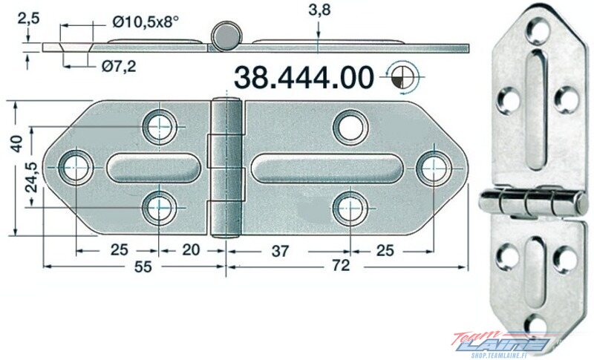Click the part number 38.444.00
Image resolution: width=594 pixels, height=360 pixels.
point(304,78)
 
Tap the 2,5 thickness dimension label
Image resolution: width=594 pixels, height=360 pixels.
point(28,19)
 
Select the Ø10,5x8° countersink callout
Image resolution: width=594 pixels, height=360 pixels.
point(145,22)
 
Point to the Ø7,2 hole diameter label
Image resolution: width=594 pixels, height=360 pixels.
point(119,67)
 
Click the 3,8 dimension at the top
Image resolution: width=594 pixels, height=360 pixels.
point(319,10)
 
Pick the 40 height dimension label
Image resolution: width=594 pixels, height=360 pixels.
point(16,143)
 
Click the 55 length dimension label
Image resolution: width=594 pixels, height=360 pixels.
point(143,266)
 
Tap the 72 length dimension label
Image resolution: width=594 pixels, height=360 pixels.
point(341,266)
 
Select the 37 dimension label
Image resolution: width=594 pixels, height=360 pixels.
point(281,251)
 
